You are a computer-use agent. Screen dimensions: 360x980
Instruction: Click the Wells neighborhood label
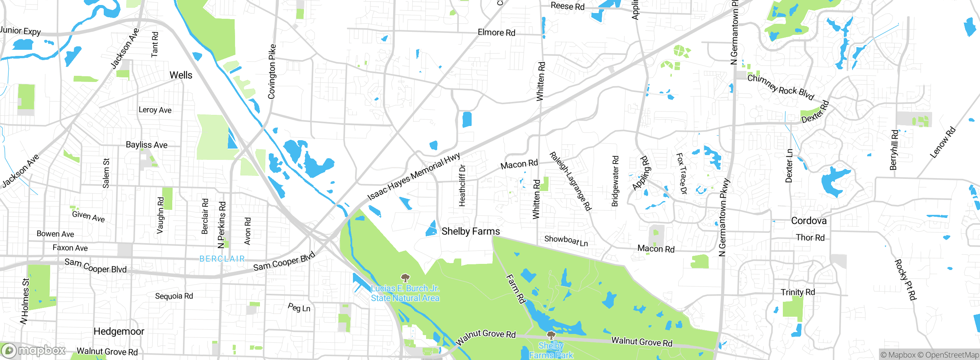click(181, 75)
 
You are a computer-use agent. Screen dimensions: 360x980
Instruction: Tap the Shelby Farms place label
click(470, 231)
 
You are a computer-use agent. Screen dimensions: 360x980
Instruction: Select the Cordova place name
click(808, 221)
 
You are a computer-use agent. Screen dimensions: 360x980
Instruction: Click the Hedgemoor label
click(119, 331)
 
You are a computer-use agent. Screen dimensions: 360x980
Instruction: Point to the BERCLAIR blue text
click(222, 259)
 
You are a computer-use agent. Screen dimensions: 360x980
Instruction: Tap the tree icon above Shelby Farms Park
click(551, 336)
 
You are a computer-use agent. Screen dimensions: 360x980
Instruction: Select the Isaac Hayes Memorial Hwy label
click(413, 177)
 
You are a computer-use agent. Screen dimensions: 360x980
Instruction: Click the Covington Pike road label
click(272, 72)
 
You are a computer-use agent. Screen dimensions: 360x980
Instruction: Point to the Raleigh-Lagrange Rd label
click(570, 181)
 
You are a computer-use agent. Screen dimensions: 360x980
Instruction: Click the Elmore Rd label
click(497, 33)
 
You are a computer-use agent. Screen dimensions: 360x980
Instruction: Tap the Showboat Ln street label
click(566, 241)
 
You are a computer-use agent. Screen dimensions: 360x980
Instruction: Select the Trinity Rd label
click(798, 292)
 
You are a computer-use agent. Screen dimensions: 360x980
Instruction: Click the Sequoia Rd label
click(174, 296)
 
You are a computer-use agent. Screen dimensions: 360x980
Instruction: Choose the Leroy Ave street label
click(155, 110)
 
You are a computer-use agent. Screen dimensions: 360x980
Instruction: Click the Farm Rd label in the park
click(516, 289)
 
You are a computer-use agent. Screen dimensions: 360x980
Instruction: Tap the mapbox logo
click(34, 350)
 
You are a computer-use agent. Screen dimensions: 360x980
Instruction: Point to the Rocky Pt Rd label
click(905, 280)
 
